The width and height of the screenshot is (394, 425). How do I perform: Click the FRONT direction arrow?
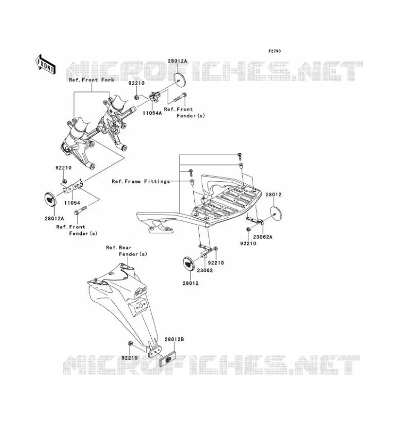(x=45, y=64)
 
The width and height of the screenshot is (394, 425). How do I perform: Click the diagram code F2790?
(x=275, y=51)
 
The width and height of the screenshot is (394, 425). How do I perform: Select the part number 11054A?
(x=152, y=113)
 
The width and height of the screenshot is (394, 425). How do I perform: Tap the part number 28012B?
(x=174, y=339)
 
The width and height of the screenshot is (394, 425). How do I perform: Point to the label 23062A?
(x=262, y=237)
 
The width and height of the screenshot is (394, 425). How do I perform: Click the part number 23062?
(x=204, y=270)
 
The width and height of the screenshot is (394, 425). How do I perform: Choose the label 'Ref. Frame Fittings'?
(x=141, y=181)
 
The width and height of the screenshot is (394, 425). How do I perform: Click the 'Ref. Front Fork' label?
(x=91, y=80)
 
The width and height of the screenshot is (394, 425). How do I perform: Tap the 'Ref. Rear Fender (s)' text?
(x=126, y=251)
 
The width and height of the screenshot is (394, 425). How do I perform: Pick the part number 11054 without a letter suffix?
(x=72, y=203)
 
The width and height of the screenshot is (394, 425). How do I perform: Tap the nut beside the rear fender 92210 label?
(x=130, y=344)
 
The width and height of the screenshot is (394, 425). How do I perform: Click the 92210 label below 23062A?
(x=248, y=243)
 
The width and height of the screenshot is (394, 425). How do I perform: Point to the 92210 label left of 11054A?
(x=136, y=83)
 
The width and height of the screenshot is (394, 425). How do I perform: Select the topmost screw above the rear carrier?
(x=240, y=155)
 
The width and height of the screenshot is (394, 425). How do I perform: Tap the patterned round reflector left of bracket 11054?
(x=50, y=200)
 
